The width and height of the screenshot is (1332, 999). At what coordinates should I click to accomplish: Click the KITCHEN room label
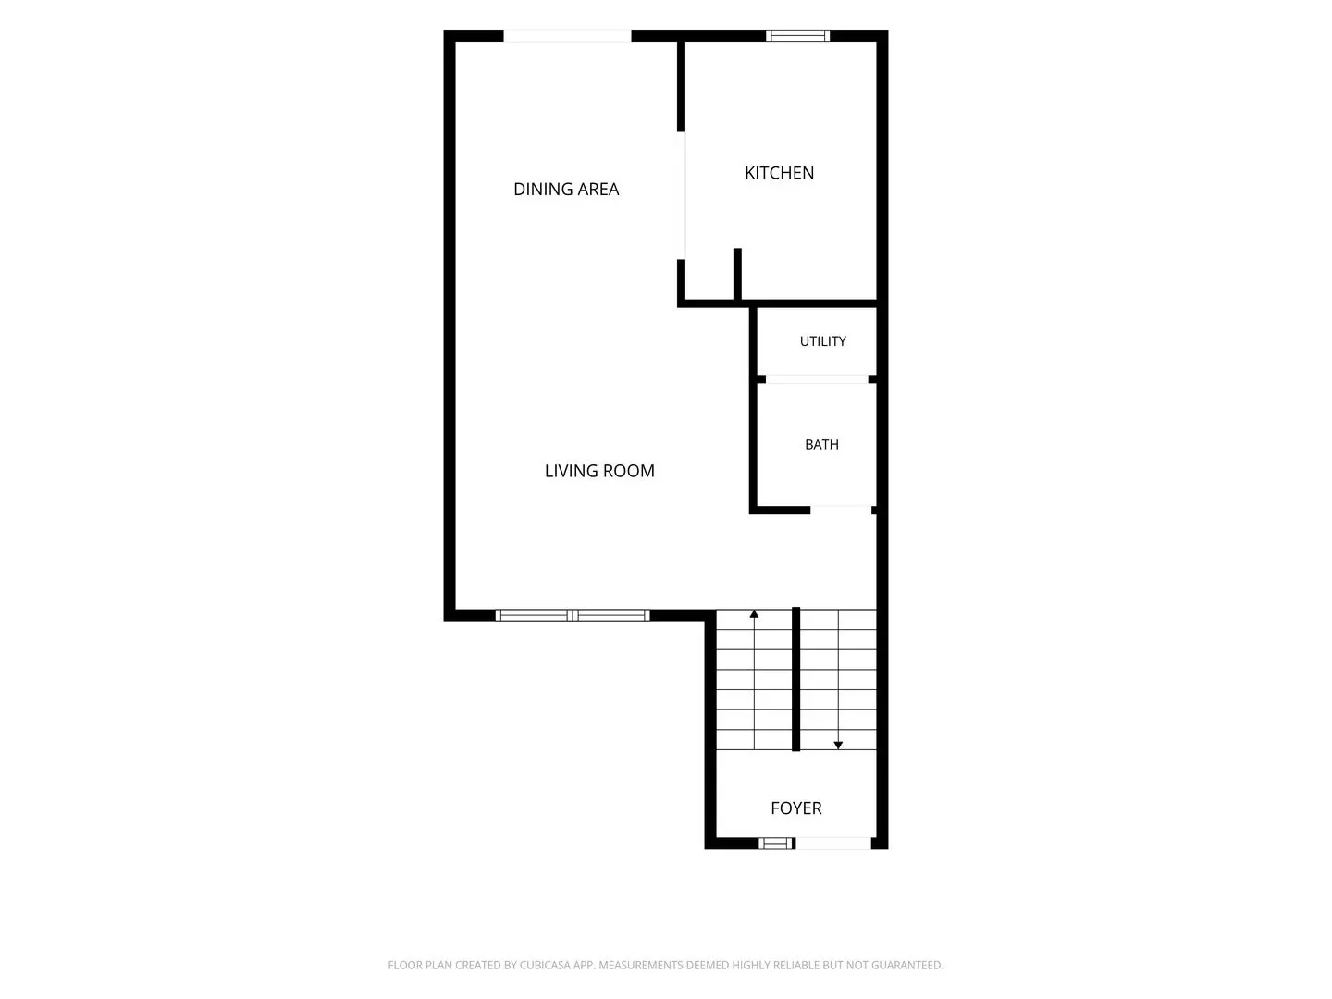coord(779,173)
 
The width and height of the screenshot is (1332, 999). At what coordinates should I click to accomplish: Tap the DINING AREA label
coord(565,190)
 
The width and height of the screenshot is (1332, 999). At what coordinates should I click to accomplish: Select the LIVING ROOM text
coord(599,471)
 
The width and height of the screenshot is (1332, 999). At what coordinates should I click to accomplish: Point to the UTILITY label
coord(822,341)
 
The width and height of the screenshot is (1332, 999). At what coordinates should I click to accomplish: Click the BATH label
coord(821,445)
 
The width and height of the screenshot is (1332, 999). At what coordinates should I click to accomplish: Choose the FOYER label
coord(795,808)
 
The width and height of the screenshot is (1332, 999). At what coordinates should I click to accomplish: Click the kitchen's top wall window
coord(796,35)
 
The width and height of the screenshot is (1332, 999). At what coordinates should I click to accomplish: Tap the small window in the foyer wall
coord(775,843)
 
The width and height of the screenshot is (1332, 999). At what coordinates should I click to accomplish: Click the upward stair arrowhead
coord(754,614)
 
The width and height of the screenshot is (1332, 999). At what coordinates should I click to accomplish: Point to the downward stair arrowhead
coord(837,746)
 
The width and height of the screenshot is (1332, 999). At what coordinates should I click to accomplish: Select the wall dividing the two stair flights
coord(795,679)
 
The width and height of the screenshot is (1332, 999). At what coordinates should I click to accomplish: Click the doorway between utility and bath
coord(817,379)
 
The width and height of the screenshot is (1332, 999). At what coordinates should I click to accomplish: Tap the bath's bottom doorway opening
coord(841,510)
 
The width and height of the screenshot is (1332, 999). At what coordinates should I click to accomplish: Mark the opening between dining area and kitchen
coord(682,195)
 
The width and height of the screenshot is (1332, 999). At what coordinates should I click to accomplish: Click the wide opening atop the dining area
coord(567,36)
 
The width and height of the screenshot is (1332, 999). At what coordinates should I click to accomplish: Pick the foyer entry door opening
coord(833,843)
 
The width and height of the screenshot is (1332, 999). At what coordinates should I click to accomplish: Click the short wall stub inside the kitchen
coord(737,274)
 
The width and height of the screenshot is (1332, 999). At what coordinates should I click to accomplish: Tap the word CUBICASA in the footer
coord(545,965)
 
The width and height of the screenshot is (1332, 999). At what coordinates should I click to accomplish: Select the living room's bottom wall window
coord(573,615)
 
